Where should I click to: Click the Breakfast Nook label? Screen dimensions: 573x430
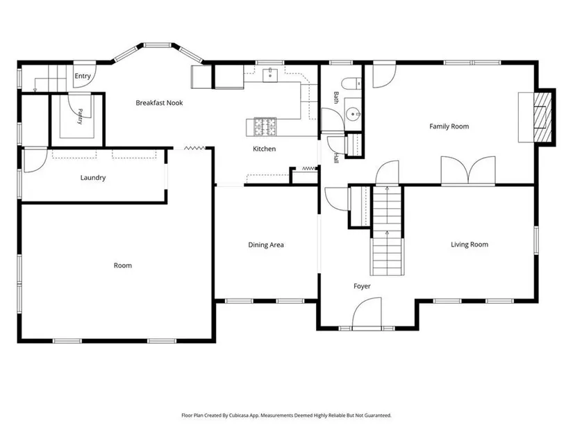pos(159,103)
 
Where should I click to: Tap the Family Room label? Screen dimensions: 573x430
pos(449,126)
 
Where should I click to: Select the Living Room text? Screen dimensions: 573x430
pos(470,245)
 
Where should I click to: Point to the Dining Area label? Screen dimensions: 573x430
pos(266,245)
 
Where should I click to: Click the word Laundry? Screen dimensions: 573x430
pos(93,178)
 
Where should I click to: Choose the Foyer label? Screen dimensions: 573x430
pos(362,286)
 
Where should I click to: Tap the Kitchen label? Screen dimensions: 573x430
pos(264,149)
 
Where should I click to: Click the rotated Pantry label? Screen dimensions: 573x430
pos(80,116)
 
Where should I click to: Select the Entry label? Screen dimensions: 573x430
pos(83,76)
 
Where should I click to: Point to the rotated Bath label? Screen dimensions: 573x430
pos(336,98)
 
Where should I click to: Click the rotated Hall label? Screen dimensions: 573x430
pos(336,158)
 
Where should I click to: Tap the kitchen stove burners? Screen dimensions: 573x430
pos(265,127)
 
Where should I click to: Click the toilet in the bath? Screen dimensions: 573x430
pos(351,84)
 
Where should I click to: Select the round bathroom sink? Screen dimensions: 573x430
pos(353,114)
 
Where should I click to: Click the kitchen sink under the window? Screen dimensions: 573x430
pos(270,75)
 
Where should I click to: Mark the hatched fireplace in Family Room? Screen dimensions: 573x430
pos(542,117)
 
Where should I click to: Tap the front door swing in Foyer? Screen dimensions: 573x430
pos(367,314)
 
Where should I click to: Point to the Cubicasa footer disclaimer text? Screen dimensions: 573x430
pos(286,415)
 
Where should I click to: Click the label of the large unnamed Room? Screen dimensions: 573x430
pos(123,265)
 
